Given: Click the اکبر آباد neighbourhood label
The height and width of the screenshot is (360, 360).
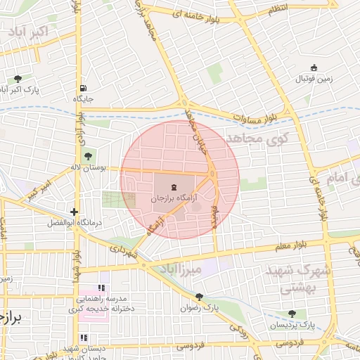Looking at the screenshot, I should [x=29, y=32].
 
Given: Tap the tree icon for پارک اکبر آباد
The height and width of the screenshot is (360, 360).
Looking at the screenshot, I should [x=18, y=79].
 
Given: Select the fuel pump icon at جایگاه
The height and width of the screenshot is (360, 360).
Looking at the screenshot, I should [x=83, y=88].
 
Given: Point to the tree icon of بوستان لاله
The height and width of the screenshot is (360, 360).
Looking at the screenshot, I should [x=88, y=156].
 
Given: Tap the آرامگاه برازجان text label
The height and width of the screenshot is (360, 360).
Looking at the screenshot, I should [x=174, y=199].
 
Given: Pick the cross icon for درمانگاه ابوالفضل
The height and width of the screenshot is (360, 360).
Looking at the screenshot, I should [x=74, y=211].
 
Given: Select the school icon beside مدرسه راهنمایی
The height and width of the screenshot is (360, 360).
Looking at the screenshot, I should [x=101, y=288].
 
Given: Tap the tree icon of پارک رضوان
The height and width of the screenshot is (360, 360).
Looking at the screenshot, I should [x=200, y=297].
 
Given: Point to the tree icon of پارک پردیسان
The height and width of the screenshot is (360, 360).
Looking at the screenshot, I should [x=292, y=314].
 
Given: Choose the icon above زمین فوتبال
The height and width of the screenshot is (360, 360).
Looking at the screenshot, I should [x=314, y=67].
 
